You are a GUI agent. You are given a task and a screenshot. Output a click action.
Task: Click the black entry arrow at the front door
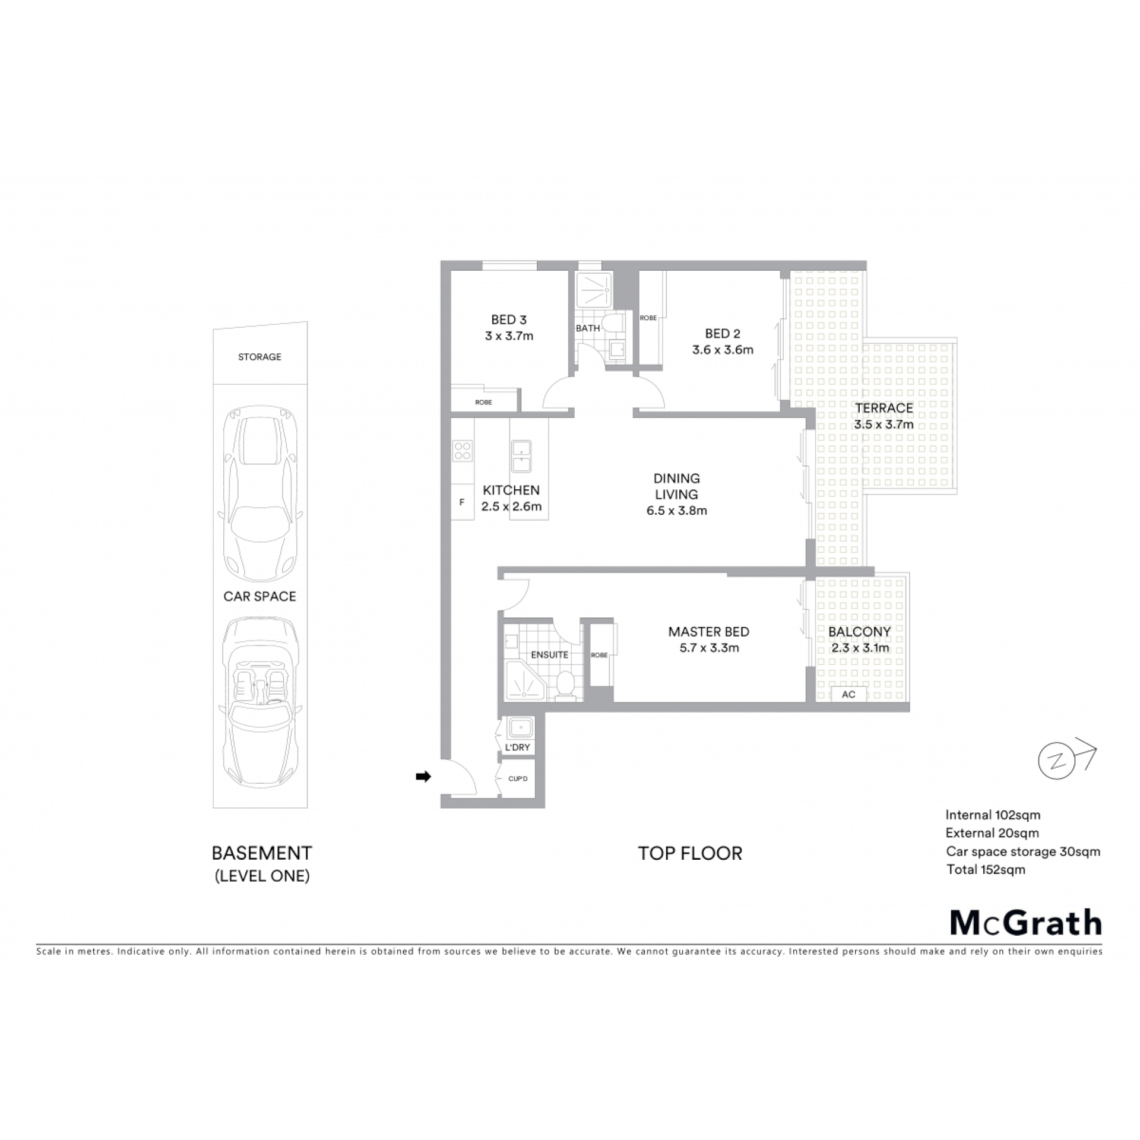[423, 776]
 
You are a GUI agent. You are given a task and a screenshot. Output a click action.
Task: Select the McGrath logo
[1026, 923]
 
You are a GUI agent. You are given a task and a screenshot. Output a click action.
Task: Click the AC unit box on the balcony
[848, 694]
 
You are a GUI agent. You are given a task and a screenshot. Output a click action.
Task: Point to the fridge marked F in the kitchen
[462, 502]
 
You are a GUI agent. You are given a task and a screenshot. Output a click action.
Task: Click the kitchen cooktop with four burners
[463, 451]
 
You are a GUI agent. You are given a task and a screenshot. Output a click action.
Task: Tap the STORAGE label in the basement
[259, 357]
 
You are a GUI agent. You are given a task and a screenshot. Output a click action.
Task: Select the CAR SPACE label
[259, 596]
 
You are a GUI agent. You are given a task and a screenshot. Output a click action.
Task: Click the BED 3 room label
[509, 319]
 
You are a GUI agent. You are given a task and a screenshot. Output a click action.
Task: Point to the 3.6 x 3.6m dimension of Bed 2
[723, 350]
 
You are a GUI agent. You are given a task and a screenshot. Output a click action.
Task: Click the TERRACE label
[884, 408]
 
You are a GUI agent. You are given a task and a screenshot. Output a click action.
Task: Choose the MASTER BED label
[708, 632]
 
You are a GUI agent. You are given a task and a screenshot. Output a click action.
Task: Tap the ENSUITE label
[550, 654]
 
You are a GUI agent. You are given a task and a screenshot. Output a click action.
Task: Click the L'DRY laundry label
[518, 747]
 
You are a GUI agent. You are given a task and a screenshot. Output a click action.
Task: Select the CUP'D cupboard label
[518, 778]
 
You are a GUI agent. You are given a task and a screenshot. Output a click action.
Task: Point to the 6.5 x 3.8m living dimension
[677, 511]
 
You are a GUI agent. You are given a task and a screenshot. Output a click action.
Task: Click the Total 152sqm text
[986, 869]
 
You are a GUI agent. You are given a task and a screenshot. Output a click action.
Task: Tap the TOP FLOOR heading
[690, 854]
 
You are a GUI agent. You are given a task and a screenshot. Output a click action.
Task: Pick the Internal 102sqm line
[993, 815]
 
